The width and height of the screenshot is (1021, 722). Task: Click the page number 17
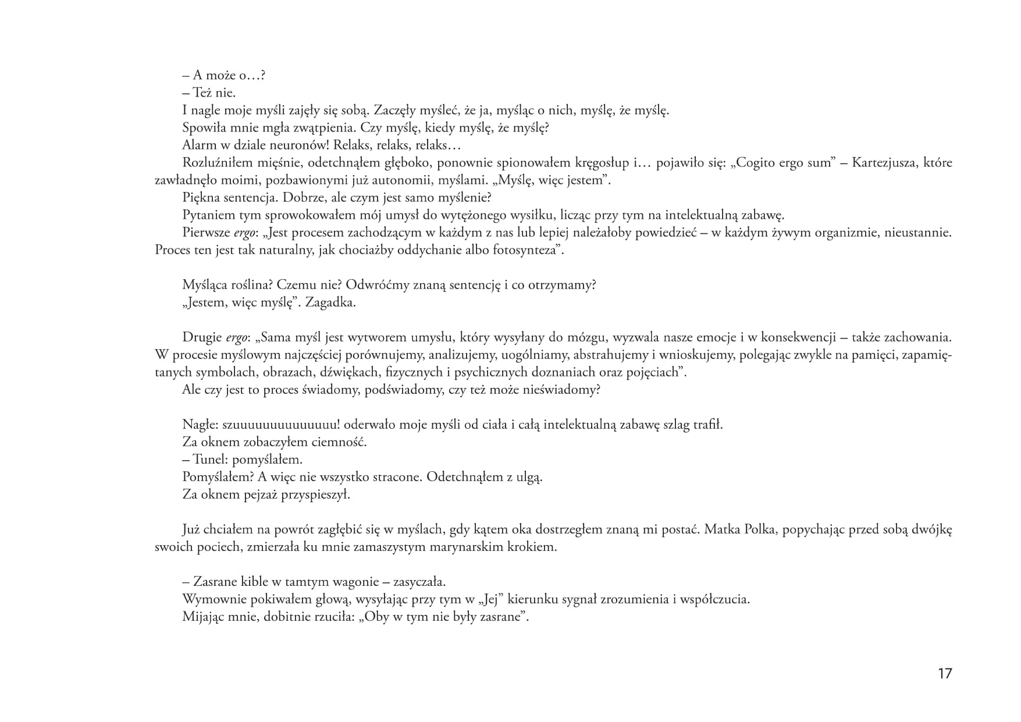(945, 674)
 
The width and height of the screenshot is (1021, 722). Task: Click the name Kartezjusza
(884, 163)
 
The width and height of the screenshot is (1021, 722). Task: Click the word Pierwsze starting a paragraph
(206, 233)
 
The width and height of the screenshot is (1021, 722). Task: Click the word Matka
(723, 529)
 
